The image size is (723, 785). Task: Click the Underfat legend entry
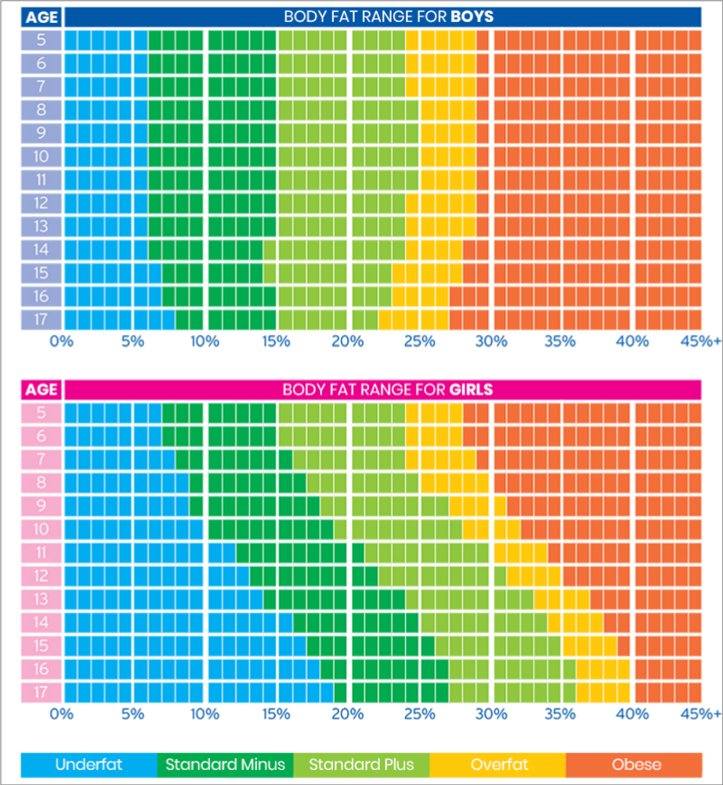[x=89, y=764]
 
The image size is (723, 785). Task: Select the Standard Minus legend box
[x=225, y=764]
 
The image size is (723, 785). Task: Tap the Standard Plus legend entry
[x=361, y=764]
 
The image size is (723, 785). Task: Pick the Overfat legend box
[x=499, y=764]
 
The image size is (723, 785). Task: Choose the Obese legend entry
[x=636, y=764]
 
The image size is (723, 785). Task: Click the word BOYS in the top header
[x=472, y=17]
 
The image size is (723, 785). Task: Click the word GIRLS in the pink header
[x=471, y=390]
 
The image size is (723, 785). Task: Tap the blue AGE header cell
[x=41, y=17]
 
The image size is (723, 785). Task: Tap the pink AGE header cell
[x=41, y=390]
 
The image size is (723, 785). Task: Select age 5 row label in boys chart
[x=41, y=40]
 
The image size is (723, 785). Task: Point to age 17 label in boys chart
[x=41, y=320]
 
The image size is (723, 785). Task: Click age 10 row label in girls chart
[x=41, y=529]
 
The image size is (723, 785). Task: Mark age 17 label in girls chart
[x=41, y=692]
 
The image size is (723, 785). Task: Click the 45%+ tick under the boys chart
[x=700, y=341]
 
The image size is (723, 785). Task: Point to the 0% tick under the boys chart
[x=61, y=341]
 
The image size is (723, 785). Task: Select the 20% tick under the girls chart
[x=347, y=714]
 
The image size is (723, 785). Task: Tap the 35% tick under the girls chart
[x=560, y=714]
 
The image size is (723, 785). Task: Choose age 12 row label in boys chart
[x=41, y=203]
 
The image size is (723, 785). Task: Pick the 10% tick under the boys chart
[x=205, y=341]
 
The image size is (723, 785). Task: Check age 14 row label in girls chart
[x=41, y=623]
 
